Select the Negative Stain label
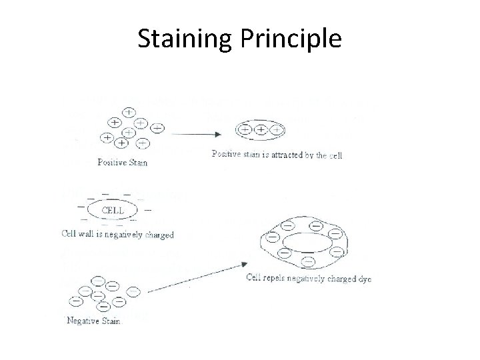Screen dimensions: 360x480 (94, 321)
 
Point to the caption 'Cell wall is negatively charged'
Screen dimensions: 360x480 (117, 235)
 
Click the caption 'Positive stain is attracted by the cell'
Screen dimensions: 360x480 (277, 155)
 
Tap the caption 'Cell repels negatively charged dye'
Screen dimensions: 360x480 (309, 278)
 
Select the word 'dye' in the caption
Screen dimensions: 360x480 (363, 279)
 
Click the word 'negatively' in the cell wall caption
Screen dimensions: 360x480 (127, 235)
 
